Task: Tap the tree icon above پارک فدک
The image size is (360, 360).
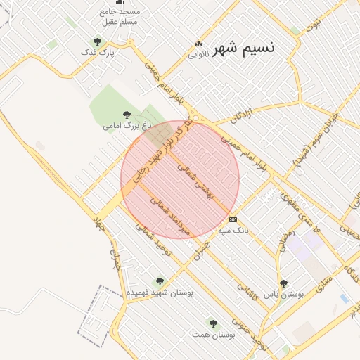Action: [97, 42]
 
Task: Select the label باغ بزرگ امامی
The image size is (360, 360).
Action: [127, 126]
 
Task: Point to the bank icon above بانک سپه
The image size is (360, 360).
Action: [233, 220]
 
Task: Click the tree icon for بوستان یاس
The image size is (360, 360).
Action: [283, 283]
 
